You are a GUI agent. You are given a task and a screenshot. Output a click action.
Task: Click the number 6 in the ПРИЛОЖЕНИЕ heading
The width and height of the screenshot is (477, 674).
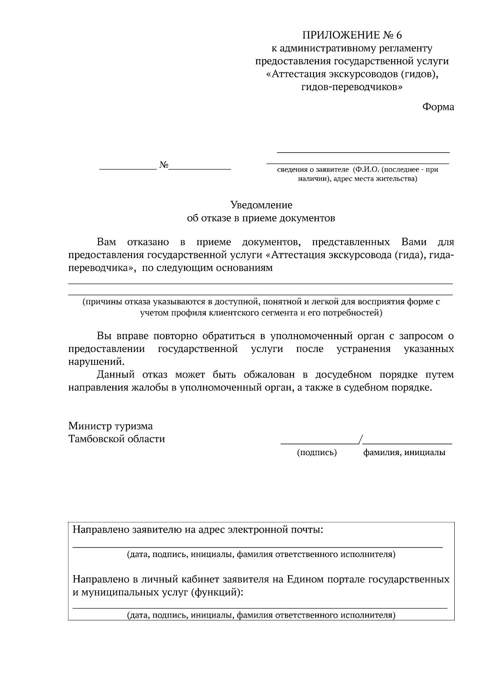398,36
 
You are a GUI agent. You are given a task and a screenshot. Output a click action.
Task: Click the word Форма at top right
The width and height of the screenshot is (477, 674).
438,107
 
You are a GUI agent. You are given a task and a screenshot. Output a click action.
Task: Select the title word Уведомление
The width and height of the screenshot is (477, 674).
261,205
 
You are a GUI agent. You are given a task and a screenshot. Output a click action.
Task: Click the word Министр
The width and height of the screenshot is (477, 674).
90,426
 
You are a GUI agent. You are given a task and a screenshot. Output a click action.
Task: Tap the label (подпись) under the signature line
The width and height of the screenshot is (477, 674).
317,452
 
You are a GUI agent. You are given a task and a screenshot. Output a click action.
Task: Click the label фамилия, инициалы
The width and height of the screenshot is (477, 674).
404,452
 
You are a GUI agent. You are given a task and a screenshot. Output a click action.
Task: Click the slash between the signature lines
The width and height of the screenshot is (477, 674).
360,439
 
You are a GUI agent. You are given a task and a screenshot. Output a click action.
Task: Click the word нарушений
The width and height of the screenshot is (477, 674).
96,362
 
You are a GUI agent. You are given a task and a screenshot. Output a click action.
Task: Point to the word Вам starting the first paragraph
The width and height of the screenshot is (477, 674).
107,242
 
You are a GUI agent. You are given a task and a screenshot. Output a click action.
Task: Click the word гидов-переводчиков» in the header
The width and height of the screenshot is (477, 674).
352,87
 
